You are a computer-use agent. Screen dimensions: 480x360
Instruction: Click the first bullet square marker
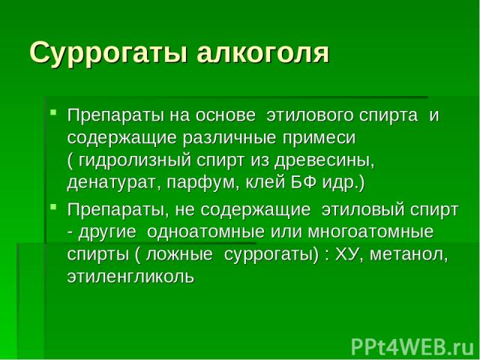click(53, 112)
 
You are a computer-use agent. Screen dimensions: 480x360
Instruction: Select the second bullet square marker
click(53, 207)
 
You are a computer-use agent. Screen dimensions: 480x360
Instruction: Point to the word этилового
click(310, 115)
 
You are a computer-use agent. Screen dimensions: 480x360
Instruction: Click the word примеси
click(319, 138)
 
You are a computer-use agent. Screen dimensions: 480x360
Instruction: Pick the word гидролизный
click(135, 161)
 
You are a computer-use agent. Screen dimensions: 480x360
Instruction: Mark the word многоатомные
click(370, 232)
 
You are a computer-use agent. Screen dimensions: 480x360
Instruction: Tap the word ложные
click(179, 255)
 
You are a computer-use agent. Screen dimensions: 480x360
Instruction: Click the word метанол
click(409, 255)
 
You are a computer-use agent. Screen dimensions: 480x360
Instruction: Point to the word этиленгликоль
click(130, 277)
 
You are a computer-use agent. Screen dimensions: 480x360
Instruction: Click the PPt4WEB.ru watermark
click(412, 347)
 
